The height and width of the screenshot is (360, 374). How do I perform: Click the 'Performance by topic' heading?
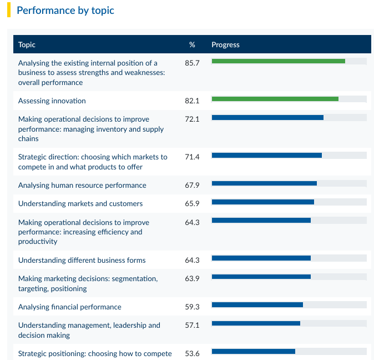(65, 11)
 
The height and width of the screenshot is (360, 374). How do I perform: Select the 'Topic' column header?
(27, 44)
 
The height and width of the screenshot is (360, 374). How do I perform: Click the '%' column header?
(192, 44)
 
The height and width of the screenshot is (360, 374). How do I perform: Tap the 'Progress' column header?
(225, 44)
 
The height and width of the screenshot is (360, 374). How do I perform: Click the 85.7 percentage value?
(192, 63)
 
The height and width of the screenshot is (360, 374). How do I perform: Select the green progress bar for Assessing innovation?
(275, 99)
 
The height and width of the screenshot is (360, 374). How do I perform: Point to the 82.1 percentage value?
(192, 101)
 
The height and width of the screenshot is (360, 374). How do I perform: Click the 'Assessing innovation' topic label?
(52, 101)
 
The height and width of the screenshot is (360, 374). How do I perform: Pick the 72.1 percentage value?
(192, 119)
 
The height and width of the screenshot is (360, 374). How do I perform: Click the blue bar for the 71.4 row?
(267, 155)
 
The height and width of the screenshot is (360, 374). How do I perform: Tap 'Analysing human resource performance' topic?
(82, 186)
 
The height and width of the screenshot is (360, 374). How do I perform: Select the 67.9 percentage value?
(192, 185)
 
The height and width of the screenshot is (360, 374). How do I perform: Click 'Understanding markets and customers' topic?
(80, 204)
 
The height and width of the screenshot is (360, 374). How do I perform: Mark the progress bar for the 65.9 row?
(263, 202)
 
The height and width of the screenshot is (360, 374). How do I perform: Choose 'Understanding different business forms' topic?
(82, 261)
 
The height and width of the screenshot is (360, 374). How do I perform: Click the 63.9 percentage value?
(192, 279)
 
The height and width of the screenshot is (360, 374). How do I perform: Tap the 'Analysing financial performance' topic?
(70, 307)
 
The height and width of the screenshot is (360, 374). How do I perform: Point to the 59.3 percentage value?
(192, 307)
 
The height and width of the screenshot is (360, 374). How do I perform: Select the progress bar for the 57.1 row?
(256, 323)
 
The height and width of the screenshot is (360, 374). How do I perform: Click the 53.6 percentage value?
(192, 353)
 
